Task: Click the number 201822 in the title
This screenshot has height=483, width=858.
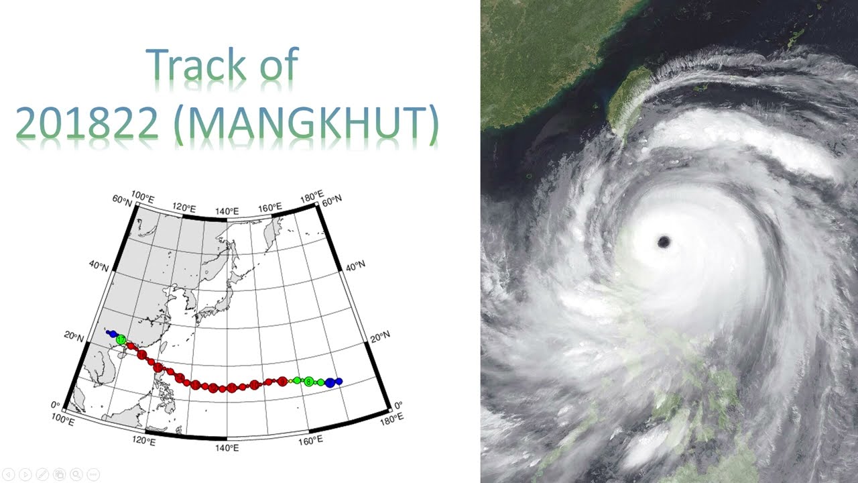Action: pyautogui.click(x=86, y=123)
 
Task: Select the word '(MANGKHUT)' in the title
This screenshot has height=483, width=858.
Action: pyautogui.click(x=306, y=125)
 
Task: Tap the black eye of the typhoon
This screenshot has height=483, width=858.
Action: pyautogui.click(x=664, y=242)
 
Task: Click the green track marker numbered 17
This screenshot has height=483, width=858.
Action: pyautogui.click(x=121, y=340)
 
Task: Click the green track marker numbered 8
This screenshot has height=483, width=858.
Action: pyautogui.click(x=308, y=382)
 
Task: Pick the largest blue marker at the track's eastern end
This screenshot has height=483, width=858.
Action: pyautogui.click(x=330, y=382)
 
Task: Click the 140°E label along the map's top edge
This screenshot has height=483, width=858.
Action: pyautogui.click(x=227, y=211)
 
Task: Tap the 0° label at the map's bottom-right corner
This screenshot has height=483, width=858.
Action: pyautogui.click(x=397, y=405)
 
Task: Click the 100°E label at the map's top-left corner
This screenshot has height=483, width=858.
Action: pyautogui.click(x=142, y=195)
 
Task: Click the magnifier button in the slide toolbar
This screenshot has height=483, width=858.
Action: pyautogui.click(x=76, y=474)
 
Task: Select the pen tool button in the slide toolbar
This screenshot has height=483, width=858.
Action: pyautogui.click(x=42, y=474)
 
